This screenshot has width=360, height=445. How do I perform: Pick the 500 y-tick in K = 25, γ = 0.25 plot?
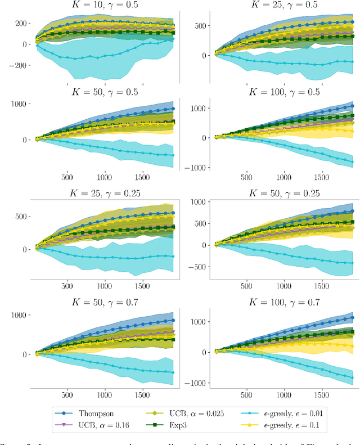tap(21, 216)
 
